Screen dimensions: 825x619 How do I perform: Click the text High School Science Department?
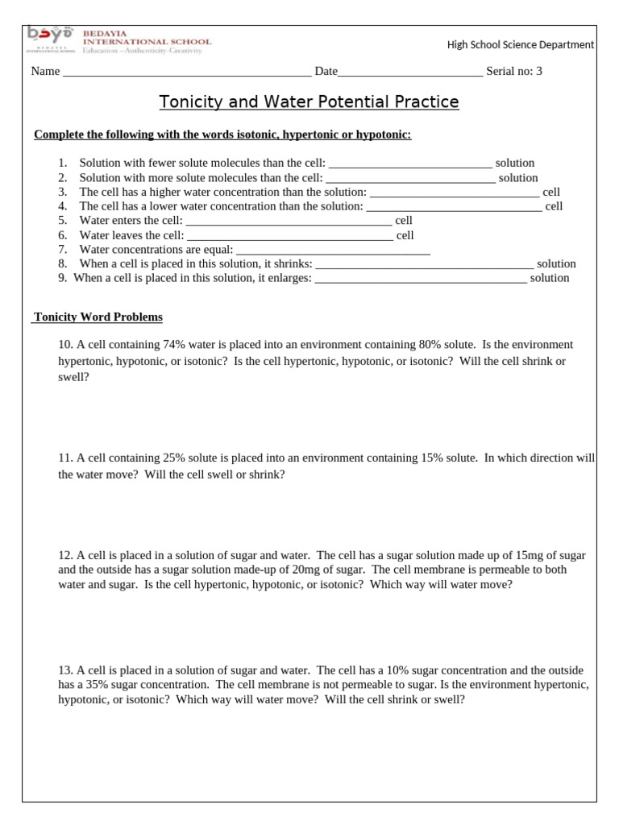pos(521,45)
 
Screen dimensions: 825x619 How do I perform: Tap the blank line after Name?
pos(186,72)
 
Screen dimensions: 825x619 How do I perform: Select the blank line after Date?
pos(410,72)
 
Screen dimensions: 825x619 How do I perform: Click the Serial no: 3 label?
pos(514,71)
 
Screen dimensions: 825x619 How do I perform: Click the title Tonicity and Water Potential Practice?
pos(309,102)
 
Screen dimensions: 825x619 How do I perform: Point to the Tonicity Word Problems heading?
pos(98,317)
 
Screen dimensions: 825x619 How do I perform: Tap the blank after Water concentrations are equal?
pos(333,250)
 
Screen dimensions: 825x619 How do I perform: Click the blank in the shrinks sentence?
pos(424,264)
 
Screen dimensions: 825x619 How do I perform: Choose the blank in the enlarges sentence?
pos(420,279)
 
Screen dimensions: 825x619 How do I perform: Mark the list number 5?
pos(62,221)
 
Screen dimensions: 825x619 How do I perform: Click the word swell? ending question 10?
pos(73,376)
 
